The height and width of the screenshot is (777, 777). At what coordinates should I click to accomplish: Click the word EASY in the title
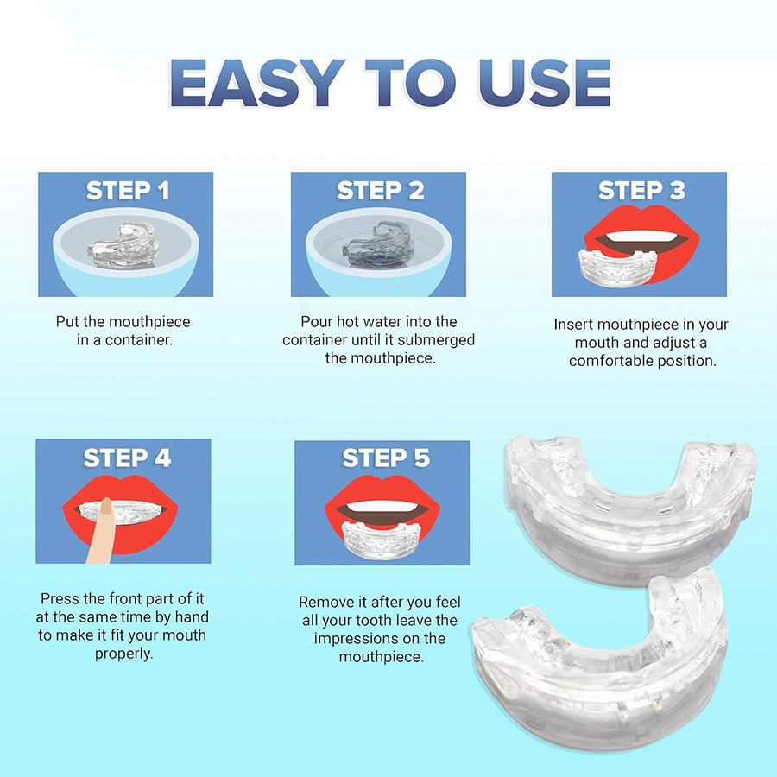pos(250,84)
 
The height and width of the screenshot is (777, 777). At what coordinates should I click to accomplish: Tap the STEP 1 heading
pos(127,191)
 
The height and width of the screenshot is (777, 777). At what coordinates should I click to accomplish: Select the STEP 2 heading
pos(380,191)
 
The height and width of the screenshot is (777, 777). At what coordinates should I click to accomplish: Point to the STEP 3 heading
pos(641,191)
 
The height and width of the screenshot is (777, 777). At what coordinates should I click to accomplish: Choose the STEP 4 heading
pos(127,458)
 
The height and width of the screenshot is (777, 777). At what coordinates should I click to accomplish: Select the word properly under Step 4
pos(123,654)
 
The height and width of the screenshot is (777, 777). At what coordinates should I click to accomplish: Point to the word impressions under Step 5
pos(380,639)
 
